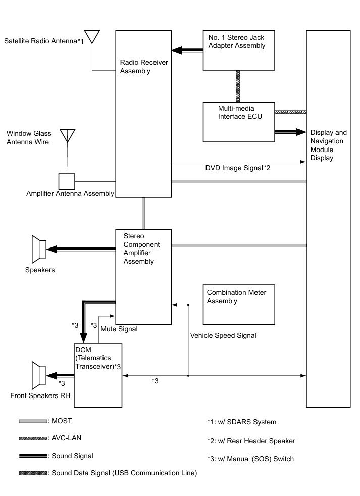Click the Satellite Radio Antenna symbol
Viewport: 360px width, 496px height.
click(92, 37)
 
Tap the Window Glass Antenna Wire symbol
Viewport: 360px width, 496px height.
click(67, 136)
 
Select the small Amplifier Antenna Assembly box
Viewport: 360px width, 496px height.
click(67, 181)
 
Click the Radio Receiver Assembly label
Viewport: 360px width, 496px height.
click(143, 67)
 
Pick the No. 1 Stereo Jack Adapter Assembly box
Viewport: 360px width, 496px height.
click(239, 51)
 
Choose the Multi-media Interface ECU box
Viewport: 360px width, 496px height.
click(239, 122)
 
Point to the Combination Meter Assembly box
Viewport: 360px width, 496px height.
click(239, 305)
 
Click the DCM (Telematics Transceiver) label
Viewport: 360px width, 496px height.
click(98, 358)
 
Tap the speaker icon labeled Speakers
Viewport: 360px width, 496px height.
click(39, 250)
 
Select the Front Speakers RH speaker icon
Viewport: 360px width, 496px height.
click(39, 375)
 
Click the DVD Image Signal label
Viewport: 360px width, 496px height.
click(238, 168)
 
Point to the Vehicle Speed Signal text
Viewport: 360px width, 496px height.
click(223, 335)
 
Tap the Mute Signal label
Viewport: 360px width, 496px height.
click(119, 329)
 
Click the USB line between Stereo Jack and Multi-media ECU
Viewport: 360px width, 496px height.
click(238, 86)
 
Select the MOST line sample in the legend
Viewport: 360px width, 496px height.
click(33, 421)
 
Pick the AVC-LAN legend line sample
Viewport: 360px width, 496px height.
click(33, 438)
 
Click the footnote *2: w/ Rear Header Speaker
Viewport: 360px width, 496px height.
click(251, 441)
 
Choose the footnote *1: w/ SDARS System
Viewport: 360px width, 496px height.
click(242, 422)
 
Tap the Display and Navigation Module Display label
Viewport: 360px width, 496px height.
click(328, 145)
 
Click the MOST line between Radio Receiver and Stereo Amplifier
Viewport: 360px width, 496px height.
click(143, 214)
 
